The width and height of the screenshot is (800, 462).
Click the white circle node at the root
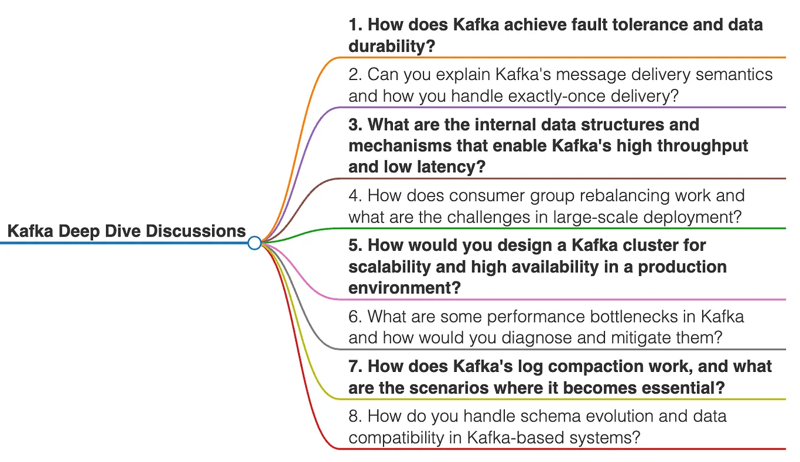pos(254,242)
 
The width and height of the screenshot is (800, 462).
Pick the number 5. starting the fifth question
pos(355,245)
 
